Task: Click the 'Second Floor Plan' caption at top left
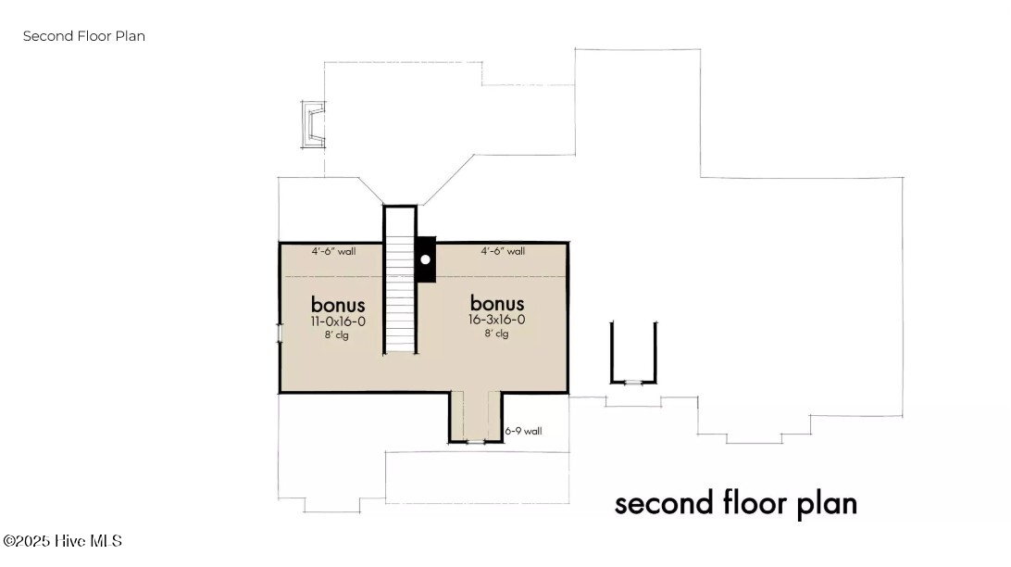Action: click(83, 36)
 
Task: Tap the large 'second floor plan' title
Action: click(736, 503)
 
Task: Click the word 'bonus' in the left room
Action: click(338, 304)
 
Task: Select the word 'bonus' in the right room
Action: click(497, 303)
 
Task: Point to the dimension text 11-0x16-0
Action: click(338, 321)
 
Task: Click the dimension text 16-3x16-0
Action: click(497, 320)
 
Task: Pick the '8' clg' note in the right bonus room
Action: click(496, 334)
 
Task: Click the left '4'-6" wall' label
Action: click(333, 251)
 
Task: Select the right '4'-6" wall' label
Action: click(503, 251)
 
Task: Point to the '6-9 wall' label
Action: click(524, 431)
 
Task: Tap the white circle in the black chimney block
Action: click(425, 259)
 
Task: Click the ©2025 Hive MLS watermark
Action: click(63, 540)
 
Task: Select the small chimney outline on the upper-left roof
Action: click(313, 124)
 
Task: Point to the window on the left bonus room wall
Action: click(280, 333)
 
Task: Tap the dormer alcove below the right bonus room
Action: click(475, 415)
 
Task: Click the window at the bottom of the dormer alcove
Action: click(475, 441)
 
